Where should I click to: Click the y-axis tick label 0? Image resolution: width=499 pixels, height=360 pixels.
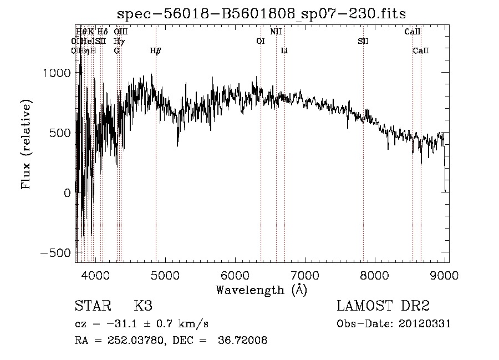click(x=67, y=193)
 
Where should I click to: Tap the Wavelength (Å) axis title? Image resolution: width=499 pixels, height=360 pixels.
click(x=261, y=290)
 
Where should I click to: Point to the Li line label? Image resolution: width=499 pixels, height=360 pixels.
click(x=284, y=50)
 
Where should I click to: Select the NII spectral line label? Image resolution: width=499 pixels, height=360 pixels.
click(x=276, y=32)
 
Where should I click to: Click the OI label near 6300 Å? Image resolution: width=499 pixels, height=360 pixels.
click(x=261, y=41)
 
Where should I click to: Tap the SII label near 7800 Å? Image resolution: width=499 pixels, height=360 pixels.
click(x=363, y=41)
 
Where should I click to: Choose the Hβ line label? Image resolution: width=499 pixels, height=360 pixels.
click(x=156, y=50)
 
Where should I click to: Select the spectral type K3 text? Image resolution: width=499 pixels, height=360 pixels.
click(x=142, y=306)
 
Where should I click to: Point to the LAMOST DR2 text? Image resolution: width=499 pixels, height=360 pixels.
click(x=383, y=306)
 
